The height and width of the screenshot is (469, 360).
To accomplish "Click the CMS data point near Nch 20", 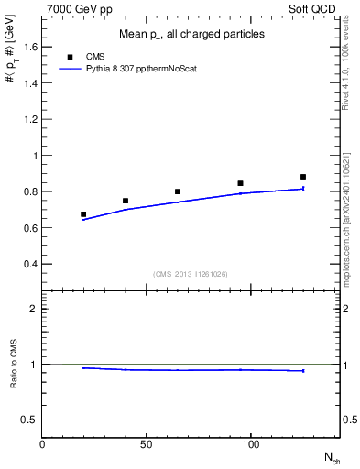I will (x=83, y=214).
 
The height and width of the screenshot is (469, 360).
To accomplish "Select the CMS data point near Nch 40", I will (x=125, y=201).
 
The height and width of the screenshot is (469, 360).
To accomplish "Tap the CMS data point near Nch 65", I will (x=178, y=191).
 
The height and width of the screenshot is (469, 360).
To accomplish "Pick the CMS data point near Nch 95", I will (x=240, y=183).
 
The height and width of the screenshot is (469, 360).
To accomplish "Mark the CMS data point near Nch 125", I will (x=303, y=177).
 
